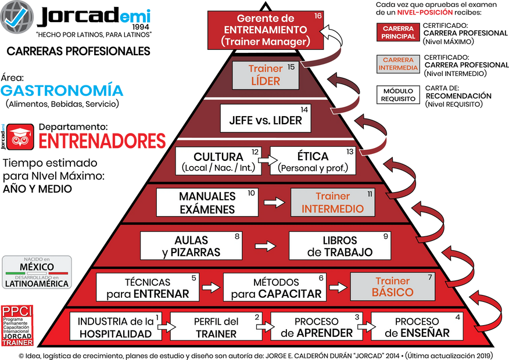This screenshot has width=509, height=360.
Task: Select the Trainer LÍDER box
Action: (266, 75)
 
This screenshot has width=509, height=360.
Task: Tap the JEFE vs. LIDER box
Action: (266, 118)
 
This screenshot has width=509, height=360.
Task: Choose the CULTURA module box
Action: (218, 161)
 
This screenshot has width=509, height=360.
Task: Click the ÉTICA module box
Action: (313, 161)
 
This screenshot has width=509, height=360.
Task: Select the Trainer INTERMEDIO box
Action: (333, 203)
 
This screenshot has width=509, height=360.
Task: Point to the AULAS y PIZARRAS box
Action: (192, 246)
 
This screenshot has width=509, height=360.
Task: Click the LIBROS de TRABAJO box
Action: (340, 246)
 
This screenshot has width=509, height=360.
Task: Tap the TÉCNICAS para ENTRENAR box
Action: (148, 287)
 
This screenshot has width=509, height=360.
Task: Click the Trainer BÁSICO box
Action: (393, 287)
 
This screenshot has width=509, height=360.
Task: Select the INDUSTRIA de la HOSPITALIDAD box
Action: (115, 327)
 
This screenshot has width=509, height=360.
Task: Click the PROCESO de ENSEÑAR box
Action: (417, 327)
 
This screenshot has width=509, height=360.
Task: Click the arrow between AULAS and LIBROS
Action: (266, 246)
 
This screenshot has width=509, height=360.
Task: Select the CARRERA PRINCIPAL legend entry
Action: (398, 33)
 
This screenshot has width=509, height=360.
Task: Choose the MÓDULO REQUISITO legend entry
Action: (398, 95)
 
